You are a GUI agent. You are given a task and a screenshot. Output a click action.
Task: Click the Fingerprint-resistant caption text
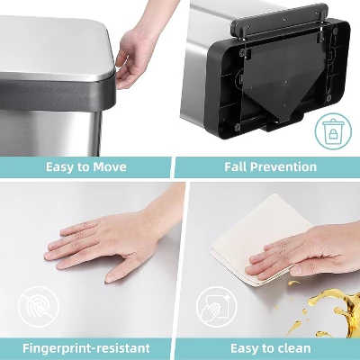coord(86,347)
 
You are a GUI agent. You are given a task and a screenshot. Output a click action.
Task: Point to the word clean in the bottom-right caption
coord(290,347)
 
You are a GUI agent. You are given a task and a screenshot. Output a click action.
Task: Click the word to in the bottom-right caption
coord(261,347)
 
